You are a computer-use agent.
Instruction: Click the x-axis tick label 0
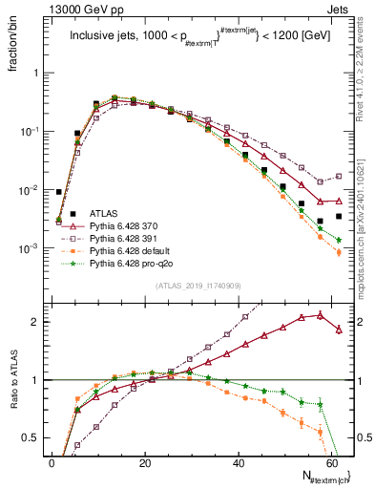click(x=53, y=462)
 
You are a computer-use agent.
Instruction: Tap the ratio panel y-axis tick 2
click(x=35, y=322)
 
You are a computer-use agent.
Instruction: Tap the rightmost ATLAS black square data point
click(x=340, y=217)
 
